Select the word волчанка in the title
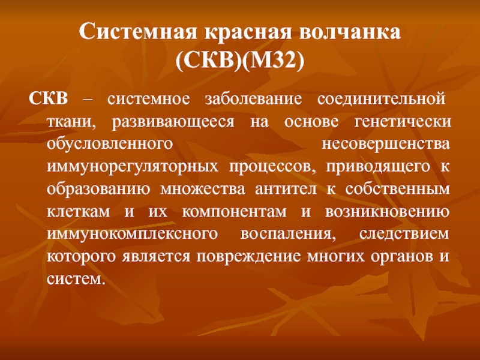[350, 31]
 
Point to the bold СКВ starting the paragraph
[49, 99]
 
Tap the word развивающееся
[173, 122]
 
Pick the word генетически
[403, 122]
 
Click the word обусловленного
[110, 144]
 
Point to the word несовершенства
[386, 144]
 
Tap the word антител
[286, 190]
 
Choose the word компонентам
[234, 212]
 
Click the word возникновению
[387, 212]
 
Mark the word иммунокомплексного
[132, 234]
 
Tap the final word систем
[76, 279]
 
